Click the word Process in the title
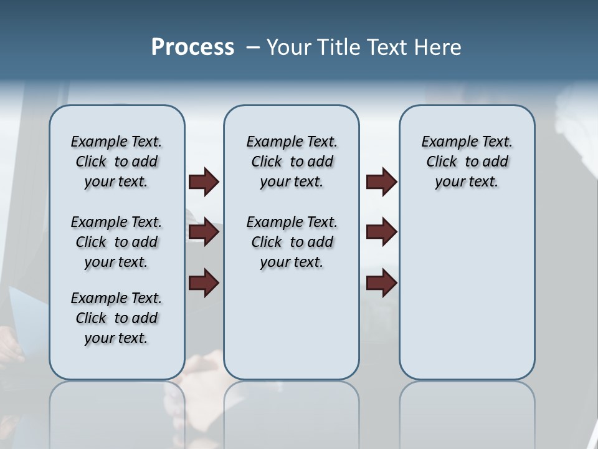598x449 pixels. pos(192,47)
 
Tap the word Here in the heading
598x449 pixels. pos(438,47)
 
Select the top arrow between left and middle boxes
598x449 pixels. pos(204,182)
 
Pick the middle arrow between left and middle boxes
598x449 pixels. pos(204,232)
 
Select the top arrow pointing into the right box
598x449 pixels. pos(381,182)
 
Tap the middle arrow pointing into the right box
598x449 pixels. pos(381,232)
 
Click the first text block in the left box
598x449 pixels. pos(116,162)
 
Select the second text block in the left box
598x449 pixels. pos(116,242)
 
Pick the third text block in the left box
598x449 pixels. pos(116,318)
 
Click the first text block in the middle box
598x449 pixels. pos(292,162)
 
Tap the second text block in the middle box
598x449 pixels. pos(292,242)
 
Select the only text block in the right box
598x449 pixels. pos(467,162)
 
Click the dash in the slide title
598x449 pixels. pos(253,47)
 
